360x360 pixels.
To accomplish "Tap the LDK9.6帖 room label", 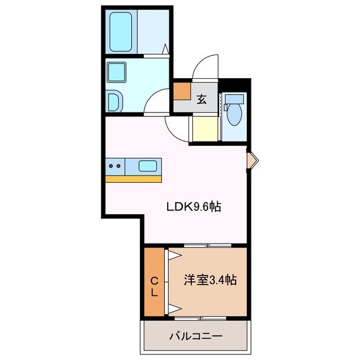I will pos(193,207).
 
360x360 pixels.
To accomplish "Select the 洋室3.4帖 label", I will pos(209,280).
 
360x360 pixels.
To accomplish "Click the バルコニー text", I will pos(196,336).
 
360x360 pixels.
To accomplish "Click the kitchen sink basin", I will pos(147,166).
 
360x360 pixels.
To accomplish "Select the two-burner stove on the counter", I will pos(115,166).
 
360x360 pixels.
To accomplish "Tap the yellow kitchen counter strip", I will pos(133,179).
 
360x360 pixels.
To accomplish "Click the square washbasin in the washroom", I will pos(119,72).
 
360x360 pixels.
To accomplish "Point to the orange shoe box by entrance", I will pos(182,91).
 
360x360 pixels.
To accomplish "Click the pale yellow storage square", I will pos(204,129).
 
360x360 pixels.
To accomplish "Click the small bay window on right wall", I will pos(253,161).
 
